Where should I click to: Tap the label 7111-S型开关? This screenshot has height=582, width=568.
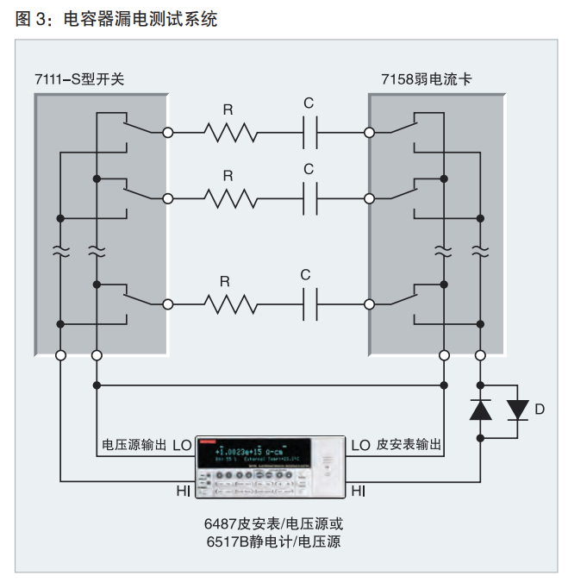click(80, 79)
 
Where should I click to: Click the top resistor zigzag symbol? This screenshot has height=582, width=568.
click(229, 132)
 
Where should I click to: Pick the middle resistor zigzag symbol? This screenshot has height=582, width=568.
click(229, 198)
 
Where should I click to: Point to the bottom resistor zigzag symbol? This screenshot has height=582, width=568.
click(229, 304)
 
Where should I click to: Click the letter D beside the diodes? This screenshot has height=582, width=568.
click(540, 410)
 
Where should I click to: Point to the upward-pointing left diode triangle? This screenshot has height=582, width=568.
click(479, 410)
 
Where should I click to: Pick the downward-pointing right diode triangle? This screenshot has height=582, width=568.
click(517, 410)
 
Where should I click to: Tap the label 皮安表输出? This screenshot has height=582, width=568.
click(409, 446)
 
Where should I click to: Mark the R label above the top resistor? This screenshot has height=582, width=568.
click(228, 109)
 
